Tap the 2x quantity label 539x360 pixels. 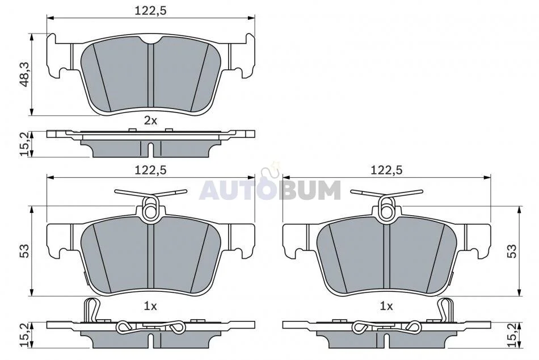[x=150, y=120]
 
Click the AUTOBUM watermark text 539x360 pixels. [x=270, y=190]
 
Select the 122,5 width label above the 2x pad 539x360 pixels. [x=150, y=11]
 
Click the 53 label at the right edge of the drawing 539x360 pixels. [x=512, y=251]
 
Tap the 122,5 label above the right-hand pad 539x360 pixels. [x=386, y=170]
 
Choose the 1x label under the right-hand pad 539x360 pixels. [x=386, y=305]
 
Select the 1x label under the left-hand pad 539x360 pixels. [x=150, y=305]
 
